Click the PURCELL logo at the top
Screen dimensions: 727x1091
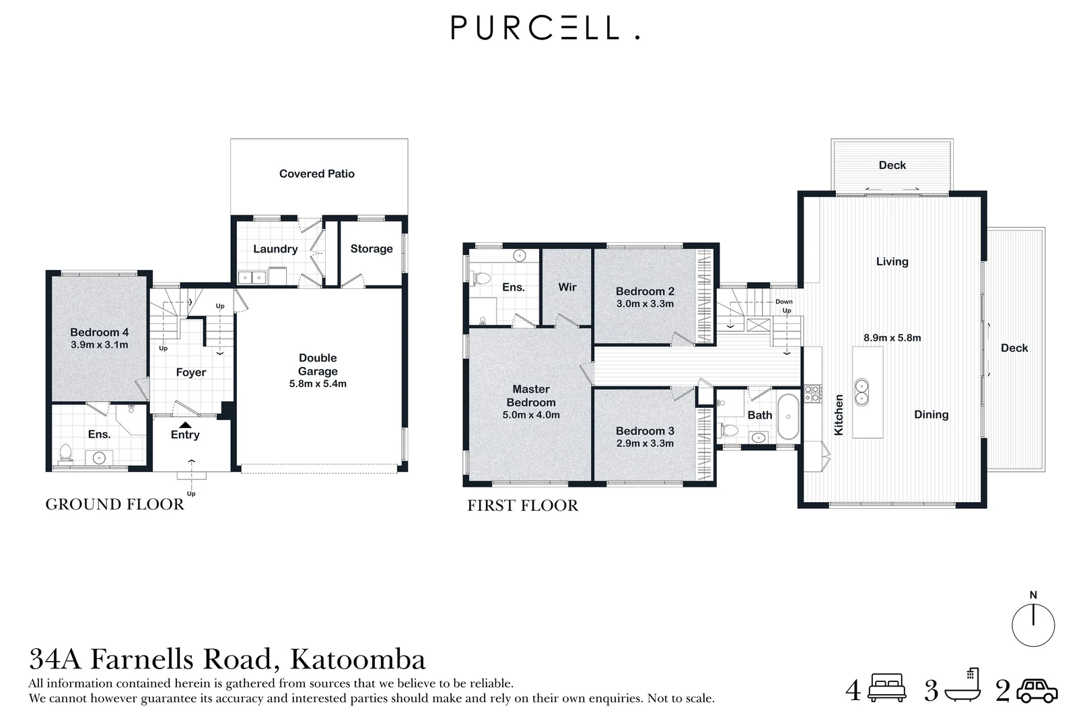pyautogui.click(x=544, y=28)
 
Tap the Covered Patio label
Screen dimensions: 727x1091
pyautogui.click(x=316, y=174)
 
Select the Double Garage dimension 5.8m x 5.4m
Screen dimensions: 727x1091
pyautogui.click(x=318, y=384)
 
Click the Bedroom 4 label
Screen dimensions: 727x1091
pyautogui.click(x=99, y=333)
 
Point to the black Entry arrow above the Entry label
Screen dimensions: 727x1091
pyautogui.click(x=185, y=424)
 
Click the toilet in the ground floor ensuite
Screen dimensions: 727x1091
pyautogui.click(x=65, y=452)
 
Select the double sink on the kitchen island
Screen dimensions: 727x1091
pyautogui.click(x=860, y=391)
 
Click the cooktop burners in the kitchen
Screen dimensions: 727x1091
pyautogui.click(x=812, y=393)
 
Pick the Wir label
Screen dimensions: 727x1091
pyautogui.click(x=567, y=287)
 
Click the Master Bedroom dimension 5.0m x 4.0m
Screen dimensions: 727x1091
pyautogui.click(x=531, y=415)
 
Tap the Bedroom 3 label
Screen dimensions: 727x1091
pyautogui.click(x=645, y=431)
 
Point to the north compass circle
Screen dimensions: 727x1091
pyautogui.click(x=1033, y=625)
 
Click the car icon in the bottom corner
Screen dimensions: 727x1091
pyautogui.click(x=1036, y=691)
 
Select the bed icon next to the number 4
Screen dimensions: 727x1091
pyautogui.click(x=887, y=689)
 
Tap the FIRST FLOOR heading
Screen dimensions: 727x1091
pyautogui.click(x=522, y=506)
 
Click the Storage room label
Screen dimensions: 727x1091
pyautogui.click(x=371, y=249)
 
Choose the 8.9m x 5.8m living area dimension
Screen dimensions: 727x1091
pyautogui.click(x=892, y=338)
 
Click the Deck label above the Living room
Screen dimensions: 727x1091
pyautogui.click(x=892, y=166)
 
